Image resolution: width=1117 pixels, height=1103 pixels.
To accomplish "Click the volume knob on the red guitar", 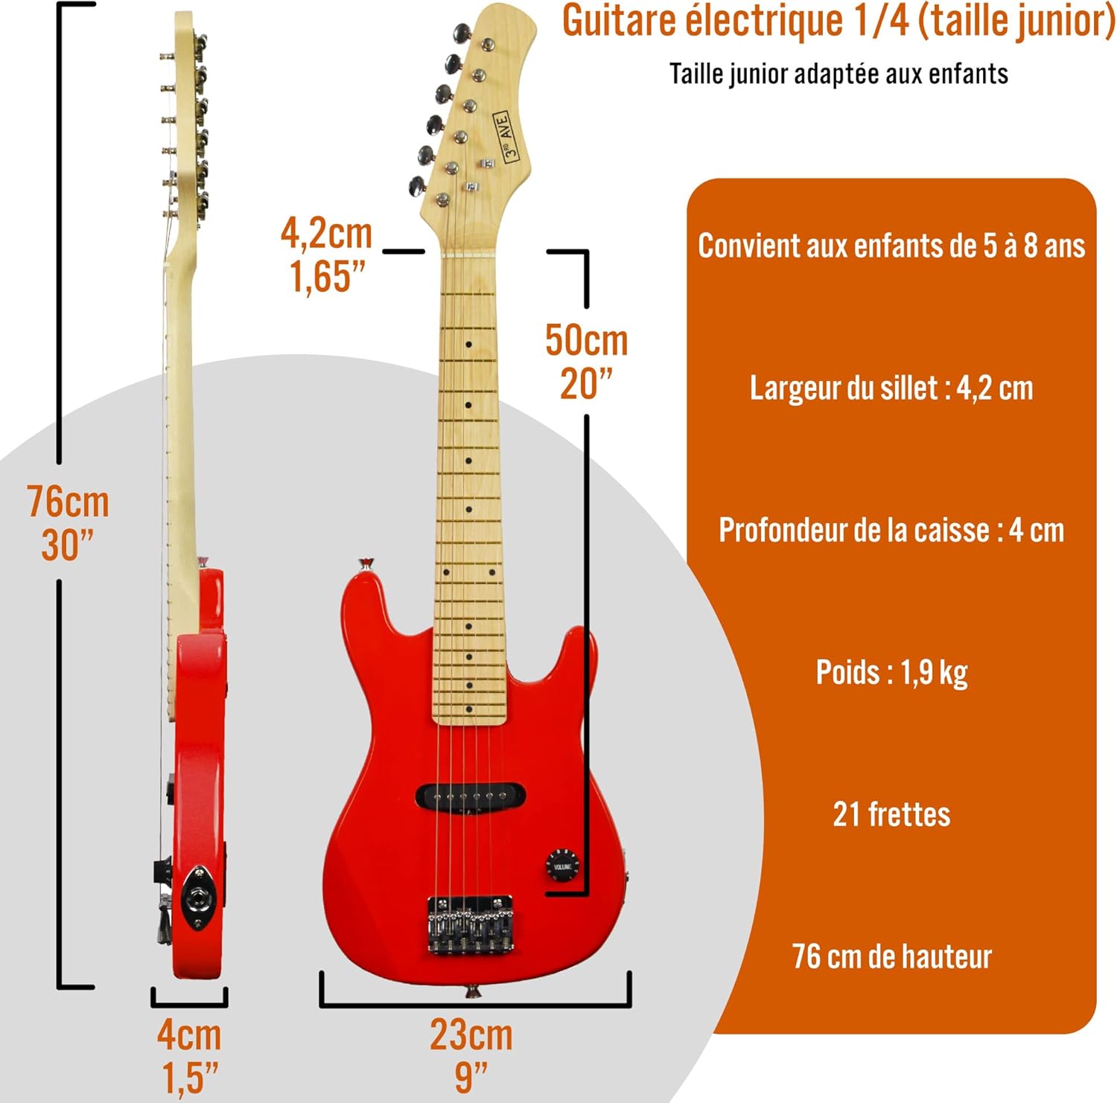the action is pos(562,866).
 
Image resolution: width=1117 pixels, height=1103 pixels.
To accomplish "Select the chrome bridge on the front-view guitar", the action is pos(470,924).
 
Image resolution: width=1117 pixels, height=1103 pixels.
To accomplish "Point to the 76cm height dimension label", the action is pos(69,502).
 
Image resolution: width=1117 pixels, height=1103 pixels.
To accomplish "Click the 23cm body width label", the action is pos(471,1035).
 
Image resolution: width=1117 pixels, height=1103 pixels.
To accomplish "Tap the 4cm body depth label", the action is pos(189,1035).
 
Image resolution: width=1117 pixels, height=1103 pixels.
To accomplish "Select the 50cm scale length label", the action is pos(587,340).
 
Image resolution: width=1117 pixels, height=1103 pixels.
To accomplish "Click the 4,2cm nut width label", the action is pos(326,233).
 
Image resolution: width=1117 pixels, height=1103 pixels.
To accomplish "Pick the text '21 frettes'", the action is pos(891,814).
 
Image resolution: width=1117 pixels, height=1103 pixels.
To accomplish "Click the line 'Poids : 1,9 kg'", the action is pos(891,673).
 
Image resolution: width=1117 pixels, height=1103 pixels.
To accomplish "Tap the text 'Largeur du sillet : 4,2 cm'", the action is pos(891,388).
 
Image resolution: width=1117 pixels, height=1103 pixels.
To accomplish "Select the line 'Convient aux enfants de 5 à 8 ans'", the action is pos(891,246).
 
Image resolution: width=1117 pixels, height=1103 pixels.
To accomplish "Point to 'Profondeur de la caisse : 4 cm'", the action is pos(891,530).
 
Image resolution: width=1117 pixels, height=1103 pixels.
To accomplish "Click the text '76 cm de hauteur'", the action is pos(891,956).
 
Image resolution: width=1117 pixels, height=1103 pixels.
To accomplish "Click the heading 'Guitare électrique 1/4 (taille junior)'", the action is pos(838,22).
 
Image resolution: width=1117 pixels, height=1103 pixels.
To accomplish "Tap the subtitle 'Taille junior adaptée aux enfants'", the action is pos(838,74).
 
